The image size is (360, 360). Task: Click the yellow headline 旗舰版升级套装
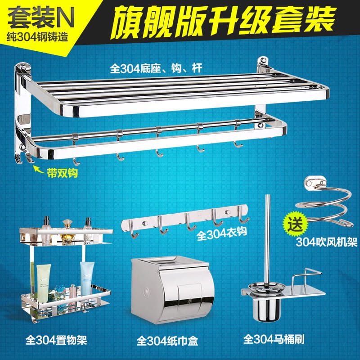[x=223, y=21]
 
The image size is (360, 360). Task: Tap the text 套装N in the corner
[x=41, y=18]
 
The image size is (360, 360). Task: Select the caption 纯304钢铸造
[x=37, y=37]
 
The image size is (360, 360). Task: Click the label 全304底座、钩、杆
[x=156, y=68]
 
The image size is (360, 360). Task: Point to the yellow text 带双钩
[x=63, y=173]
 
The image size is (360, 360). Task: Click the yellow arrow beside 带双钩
[x=39, y=170]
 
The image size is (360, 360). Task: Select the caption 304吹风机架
[x=326, y=242]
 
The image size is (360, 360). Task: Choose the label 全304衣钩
[x=222, y=233]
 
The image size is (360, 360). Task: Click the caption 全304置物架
[x=57, y=340]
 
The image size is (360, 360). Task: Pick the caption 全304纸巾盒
[x=167, y=341]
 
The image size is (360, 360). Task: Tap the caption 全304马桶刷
[x=274, y=339]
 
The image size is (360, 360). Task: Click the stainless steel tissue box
[x=172, y=290]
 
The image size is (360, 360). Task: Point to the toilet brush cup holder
[x=267, y=306]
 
